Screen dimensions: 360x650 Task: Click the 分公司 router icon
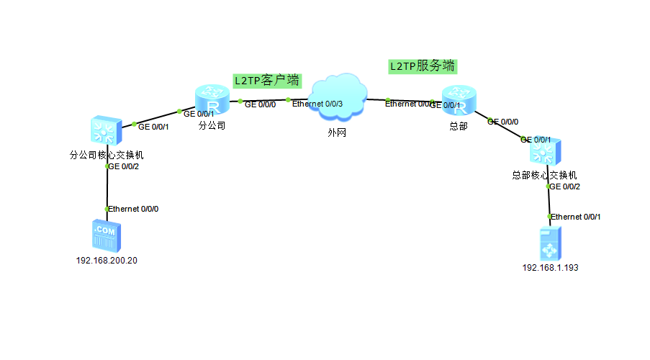212,99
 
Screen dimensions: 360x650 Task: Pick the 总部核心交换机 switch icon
546,152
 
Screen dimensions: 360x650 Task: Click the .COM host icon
107,235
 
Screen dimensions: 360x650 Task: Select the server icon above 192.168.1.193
551,243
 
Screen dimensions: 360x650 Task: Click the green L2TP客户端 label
267,80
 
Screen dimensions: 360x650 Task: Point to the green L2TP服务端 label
423,66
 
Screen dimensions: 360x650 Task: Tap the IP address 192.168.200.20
107,261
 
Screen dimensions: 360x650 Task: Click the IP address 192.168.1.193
551,268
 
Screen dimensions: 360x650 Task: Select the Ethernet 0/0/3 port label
317,104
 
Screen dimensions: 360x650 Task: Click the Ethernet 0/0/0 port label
133,209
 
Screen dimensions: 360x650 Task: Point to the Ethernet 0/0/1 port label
576,216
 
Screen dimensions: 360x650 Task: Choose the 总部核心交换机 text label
544,175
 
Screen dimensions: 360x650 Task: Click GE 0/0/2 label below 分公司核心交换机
123,166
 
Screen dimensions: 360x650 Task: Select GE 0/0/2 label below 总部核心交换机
565,186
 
